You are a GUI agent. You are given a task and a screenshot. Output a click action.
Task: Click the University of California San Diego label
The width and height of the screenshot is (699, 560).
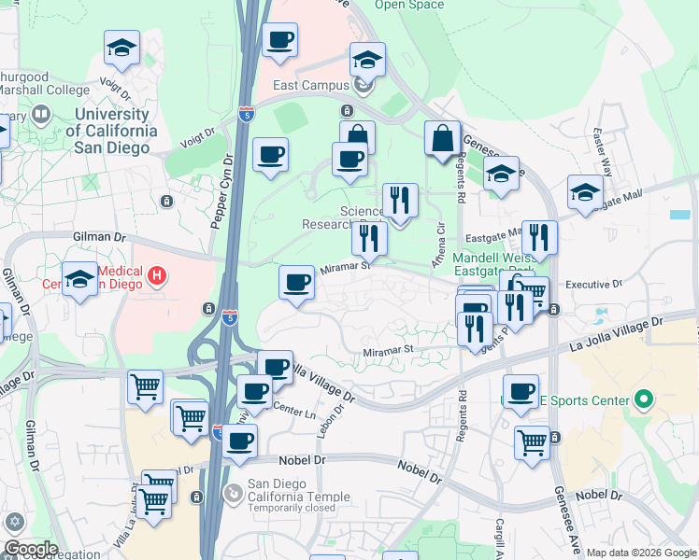[110, 131]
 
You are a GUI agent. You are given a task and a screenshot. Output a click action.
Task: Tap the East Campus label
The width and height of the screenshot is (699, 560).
[310, 85]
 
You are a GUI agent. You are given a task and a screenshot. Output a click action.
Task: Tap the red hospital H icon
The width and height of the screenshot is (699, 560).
[158, 276]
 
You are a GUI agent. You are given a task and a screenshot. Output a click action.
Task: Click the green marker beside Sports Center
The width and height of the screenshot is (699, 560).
[643, 401]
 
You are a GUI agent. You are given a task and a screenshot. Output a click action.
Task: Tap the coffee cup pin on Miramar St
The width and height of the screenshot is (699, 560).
[297, 282]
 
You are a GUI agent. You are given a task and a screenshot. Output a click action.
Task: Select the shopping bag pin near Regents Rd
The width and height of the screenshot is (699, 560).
[442, 139]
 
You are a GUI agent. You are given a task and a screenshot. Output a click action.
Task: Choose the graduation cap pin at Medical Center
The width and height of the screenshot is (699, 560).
[79, 279]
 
